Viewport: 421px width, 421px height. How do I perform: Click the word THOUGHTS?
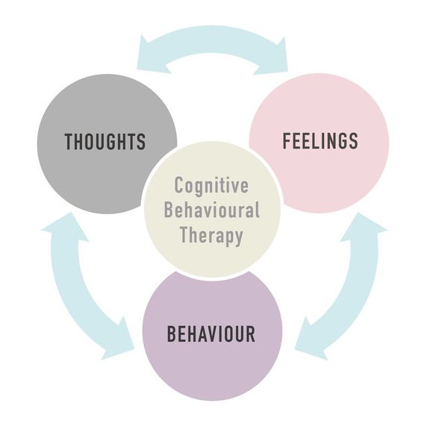click(105, 142)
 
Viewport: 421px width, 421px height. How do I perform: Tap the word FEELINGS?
click(320, 140)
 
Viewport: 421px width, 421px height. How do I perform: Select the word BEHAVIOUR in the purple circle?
click(211, 334)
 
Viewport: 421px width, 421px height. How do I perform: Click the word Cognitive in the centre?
click(211, 186)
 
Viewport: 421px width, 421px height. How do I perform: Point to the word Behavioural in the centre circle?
click(212, 210)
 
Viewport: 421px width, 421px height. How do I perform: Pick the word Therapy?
click(212, 236)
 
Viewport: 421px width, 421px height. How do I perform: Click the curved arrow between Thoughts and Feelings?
click(212, 40)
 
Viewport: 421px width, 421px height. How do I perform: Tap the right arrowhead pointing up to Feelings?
click(363, 228)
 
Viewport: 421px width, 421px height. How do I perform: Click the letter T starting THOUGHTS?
click(69, 142)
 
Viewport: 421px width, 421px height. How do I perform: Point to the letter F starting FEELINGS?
click(287, 140)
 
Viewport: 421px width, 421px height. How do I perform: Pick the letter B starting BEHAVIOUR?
click(172, 334)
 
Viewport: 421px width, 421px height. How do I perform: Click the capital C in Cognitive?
click(179, 184)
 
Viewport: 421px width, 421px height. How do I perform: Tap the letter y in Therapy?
click(238, 238)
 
